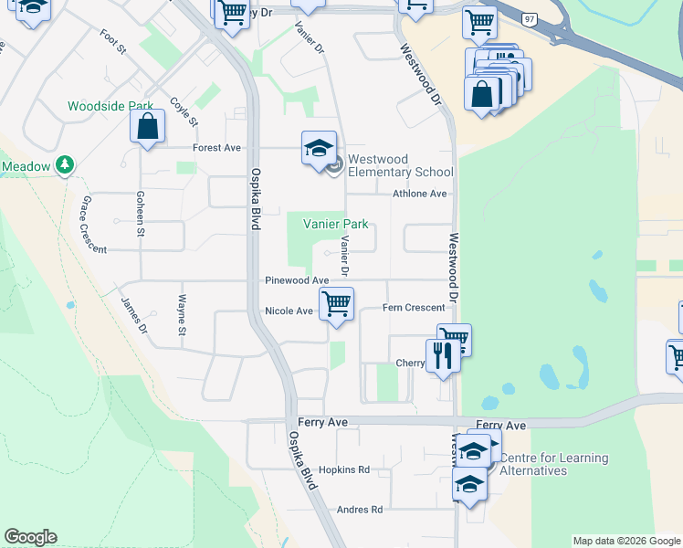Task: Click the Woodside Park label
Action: [110, 106]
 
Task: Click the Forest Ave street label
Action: [216, 148]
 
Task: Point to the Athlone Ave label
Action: [420, 194]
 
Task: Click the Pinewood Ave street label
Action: [296, 280]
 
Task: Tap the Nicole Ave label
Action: [289, 311]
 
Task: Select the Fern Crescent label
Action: [414, 308]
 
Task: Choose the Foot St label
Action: [113, 41]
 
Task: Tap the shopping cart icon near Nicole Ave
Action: [337, 304]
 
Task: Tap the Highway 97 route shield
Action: [530, 18]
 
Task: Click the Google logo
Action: [30, 537]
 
